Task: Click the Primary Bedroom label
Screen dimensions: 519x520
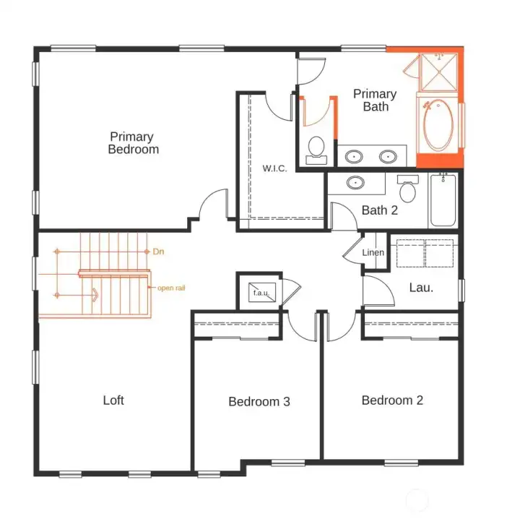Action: coord(134,142)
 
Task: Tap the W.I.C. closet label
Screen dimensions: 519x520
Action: coord(274,168)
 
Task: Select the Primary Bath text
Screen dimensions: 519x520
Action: coord(375,100)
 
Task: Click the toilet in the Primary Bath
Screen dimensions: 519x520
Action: coord(316,147)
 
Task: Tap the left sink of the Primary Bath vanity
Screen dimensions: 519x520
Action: coord(354,156)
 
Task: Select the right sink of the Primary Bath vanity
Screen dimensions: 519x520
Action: coord(389,156)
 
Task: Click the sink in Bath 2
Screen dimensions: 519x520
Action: coord(355,182)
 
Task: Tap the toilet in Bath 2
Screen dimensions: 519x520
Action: coord(408,190)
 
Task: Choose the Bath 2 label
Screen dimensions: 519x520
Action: coord(380,211)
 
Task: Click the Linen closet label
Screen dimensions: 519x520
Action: coord(373,252)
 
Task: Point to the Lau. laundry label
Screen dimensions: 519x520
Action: coord(421,287)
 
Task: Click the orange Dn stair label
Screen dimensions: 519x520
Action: coord(159,252)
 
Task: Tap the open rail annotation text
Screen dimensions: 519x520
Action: coord(172,288)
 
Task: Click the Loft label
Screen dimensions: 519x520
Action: coord(113,400)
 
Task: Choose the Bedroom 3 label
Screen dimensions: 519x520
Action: coord(259,401)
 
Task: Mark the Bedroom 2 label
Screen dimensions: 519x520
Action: coord(392,400)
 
